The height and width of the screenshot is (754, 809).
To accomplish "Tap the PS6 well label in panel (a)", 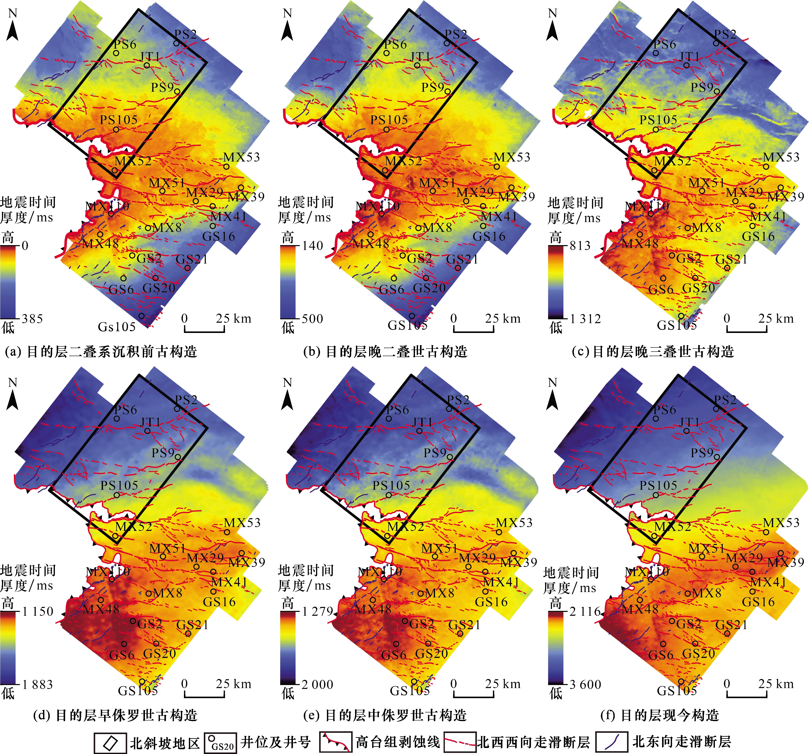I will tap(125, 44).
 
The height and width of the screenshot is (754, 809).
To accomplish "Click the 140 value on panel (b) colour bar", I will tap(312, 245).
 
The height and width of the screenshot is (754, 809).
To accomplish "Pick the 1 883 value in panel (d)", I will tap(37, 684).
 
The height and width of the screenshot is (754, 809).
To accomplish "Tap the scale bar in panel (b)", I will tap(474, 328).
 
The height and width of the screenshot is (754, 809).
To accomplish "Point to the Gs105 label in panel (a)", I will tap(117, 326).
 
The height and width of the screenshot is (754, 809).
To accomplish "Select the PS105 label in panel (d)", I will tap(119, 485).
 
